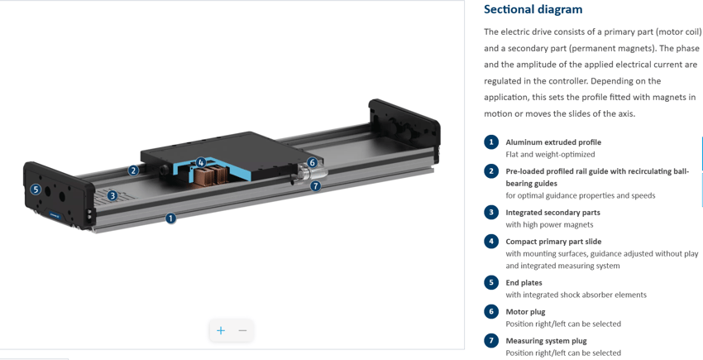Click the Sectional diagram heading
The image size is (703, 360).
(533, 10)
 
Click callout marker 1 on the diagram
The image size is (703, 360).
(170, 218)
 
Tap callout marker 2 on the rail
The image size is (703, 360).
(133, 170)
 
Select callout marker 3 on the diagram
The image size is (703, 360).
(112, 196)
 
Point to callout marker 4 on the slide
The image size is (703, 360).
(200, 162)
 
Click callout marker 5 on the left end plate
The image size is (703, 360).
(36, 189)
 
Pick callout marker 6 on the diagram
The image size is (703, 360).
(312, 163)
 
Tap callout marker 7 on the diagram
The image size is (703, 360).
(315, 186)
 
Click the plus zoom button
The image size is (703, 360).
(221, 330)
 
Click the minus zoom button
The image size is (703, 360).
(242, 330)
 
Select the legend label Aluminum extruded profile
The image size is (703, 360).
(552, 142)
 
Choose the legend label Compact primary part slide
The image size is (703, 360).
(553, 242)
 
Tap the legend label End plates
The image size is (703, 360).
(524, 283)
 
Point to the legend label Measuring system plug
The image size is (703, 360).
(546, 341)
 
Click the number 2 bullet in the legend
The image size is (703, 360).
(491, 171)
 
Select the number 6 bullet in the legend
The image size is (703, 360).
(491, 312)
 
